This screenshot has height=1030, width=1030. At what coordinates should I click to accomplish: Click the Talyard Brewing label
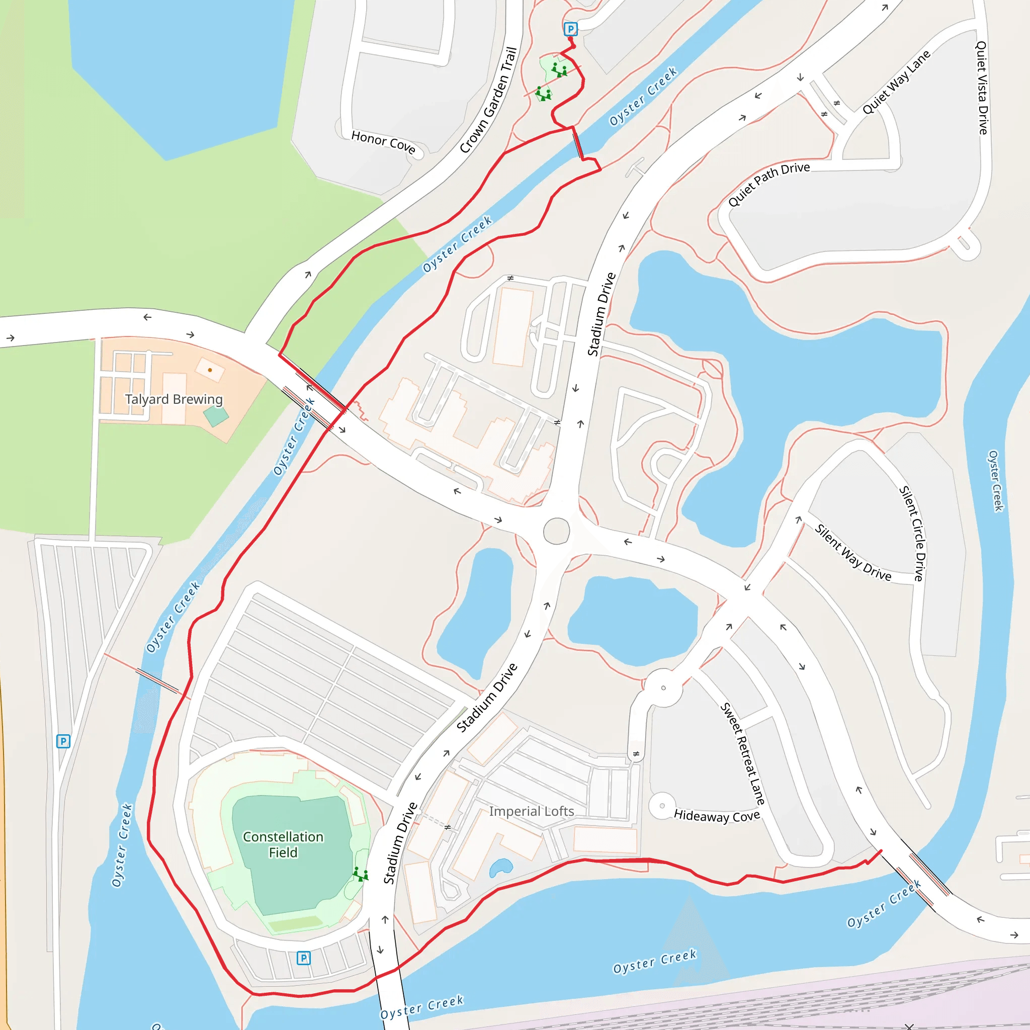coord(174,399)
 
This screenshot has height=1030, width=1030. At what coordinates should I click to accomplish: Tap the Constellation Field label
coord(283,844)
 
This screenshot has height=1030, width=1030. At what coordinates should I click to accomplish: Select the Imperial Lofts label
coord(532,811)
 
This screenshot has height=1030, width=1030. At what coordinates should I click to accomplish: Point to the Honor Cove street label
coord(383,142)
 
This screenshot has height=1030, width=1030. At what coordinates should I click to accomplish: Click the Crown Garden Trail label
coord(488,100)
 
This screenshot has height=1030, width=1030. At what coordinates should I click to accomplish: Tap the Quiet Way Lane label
coord(896,82)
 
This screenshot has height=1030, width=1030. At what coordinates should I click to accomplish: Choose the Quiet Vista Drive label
coord(982,88)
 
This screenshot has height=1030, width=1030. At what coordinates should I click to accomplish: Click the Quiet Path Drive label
coord(769,184)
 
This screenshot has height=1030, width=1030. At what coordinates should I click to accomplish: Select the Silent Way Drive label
coord(852,552)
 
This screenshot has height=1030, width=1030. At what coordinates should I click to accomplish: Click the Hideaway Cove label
coord(717,816)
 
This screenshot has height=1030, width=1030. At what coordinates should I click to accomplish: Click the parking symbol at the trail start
coord(570,29)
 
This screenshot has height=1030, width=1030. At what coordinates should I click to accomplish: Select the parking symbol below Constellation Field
coord(303,958)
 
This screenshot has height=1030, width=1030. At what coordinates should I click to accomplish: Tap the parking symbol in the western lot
coord(63,741)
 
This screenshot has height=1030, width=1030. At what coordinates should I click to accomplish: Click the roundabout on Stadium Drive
coord(557,531)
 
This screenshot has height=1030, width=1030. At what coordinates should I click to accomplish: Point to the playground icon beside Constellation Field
coord(361,874)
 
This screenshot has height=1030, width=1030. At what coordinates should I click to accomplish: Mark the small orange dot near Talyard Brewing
coord(210,370)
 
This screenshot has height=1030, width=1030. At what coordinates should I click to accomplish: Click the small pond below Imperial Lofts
coord(500,868)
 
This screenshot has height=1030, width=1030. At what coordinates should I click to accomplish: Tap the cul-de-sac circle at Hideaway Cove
coord(662,806)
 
